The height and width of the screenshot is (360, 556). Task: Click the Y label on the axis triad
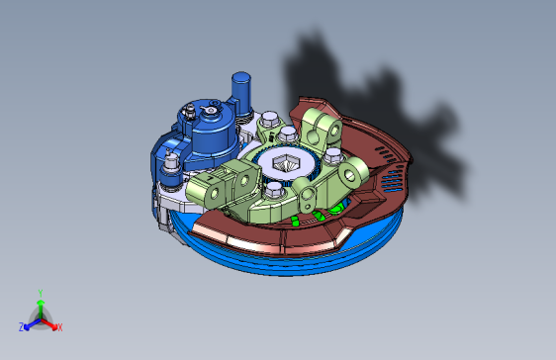[40, 292]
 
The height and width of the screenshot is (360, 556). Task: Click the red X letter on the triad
[59, 326]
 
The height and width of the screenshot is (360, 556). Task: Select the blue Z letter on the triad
[22, 326]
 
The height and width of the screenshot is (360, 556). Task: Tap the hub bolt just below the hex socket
[272, 191]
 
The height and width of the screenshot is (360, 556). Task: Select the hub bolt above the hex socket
[288, 134]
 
